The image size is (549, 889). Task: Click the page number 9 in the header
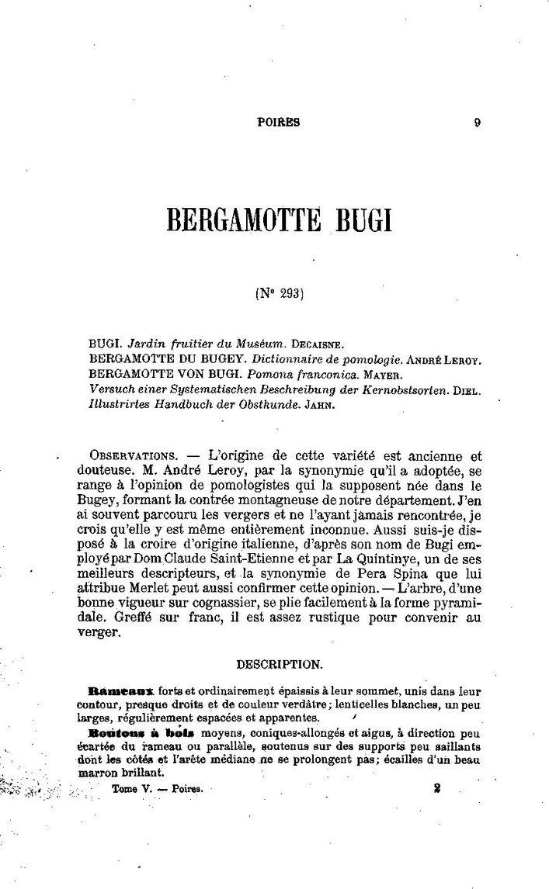pos(477,122)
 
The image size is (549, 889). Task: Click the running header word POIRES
pos(278,122)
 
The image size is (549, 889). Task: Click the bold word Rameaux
pos(123,690)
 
